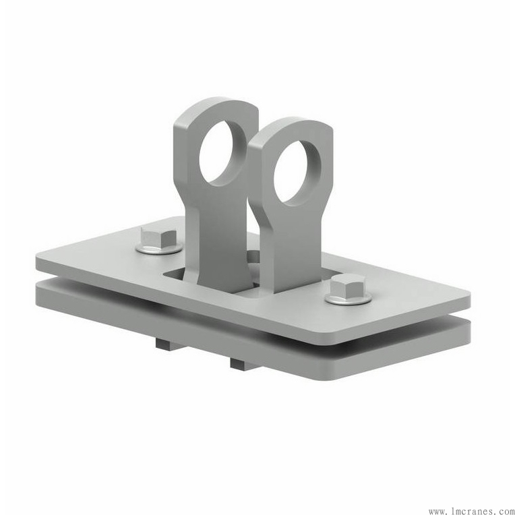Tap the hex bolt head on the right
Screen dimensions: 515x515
tap(348, 286)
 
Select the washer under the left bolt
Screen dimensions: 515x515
tap(159, 248)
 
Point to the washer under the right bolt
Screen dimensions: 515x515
tap(349, 298)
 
